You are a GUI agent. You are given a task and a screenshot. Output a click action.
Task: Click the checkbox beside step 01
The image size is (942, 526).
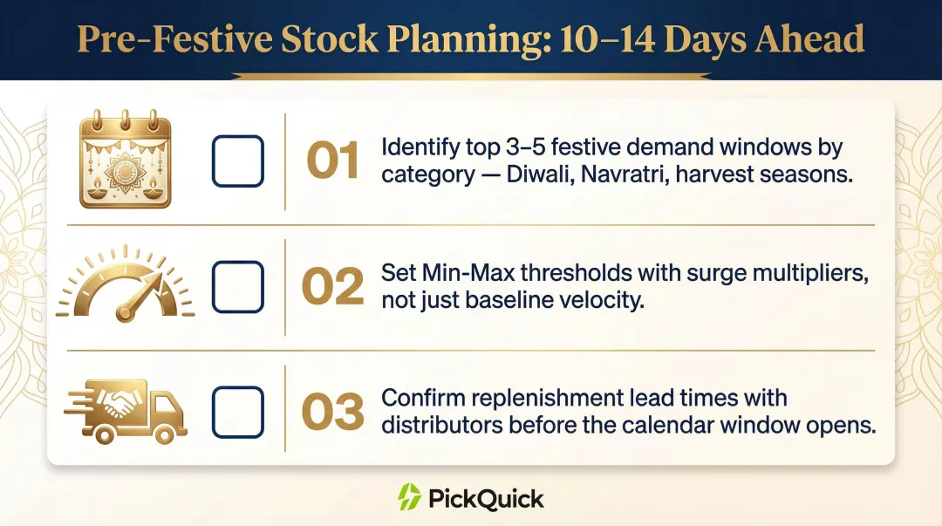pyautogui.click(x=237, y=161)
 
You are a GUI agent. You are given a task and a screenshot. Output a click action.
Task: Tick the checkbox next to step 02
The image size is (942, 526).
pyautogui.click(x=237, y=287)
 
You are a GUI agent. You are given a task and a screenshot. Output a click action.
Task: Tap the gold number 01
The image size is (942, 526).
pyautogui.click(x=332, y=161)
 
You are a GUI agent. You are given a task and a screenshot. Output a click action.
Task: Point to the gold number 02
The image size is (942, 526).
pyautogui.click(x=332, y=287)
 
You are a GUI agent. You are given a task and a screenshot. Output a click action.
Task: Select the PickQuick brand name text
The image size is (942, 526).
pyautogui.click(x=486, y=499)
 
